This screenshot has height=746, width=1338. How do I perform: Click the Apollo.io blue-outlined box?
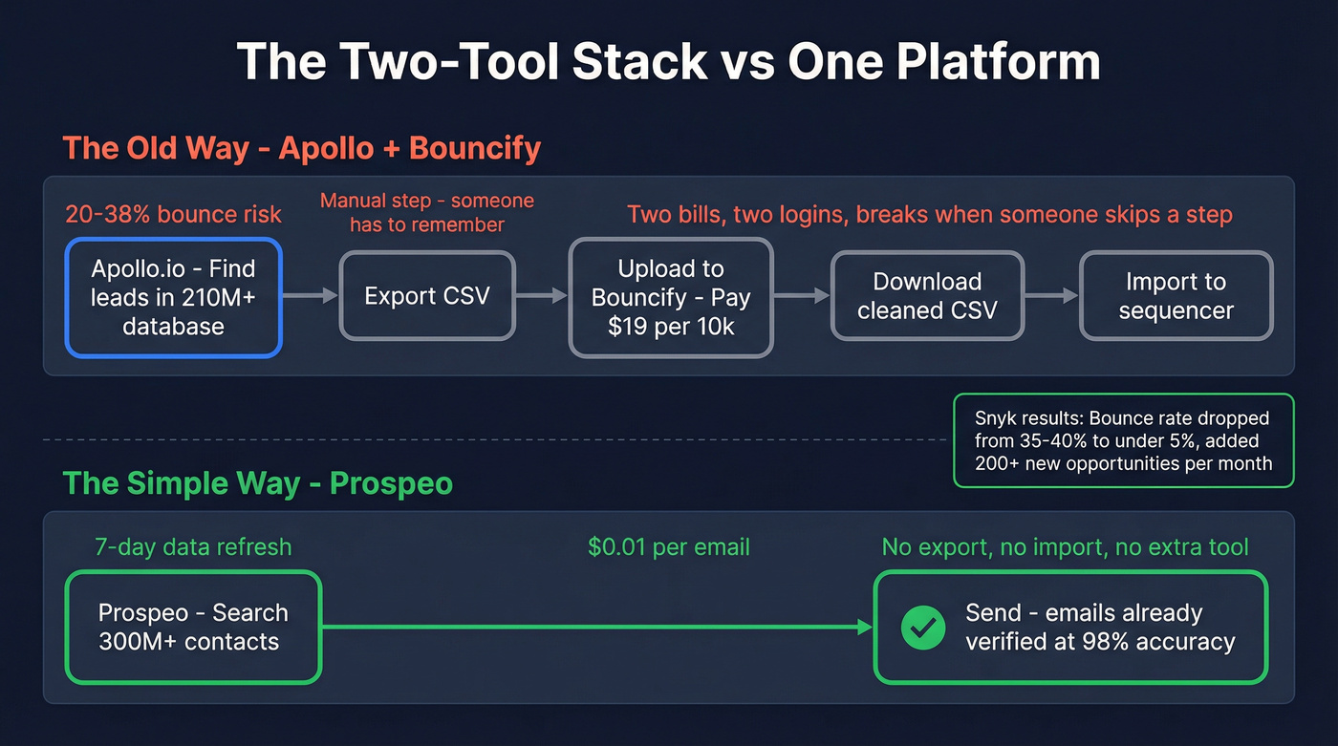point(173,297)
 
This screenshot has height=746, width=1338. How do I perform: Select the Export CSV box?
point(426,295)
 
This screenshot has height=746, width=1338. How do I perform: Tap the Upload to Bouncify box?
point(670,297)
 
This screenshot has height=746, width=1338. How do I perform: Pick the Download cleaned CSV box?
point(927,295)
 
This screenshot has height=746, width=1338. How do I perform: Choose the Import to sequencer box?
point(1176,295)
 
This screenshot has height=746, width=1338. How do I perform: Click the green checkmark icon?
point(923,628)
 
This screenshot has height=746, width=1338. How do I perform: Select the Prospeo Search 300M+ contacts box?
point(193,627)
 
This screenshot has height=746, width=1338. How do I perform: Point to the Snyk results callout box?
point(1123,441)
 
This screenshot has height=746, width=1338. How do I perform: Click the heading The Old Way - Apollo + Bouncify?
point(302,149)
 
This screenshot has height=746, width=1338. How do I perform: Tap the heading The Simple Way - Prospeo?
point(257,483)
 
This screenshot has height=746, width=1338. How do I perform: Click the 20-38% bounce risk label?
point(173,214)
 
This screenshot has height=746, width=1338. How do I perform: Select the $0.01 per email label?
point(668,547)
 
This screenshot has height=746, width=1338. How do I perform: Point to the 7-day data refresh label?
point(193,547)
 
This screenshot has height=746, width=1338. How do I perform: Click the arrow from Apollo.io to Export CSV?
point(311,296)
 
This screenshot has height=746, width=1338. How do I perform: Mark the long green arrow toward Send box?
point(597,628)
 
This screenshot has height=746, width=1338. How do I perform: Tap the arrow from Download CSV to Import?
point(1051,296)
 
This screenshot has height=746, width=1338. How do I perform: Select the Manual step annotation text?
point(426,212)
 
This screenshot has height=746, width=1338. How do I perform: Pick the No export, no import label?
point(1065,547)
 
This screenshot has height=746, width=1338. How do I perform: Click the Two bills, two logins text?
point(929,214)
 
